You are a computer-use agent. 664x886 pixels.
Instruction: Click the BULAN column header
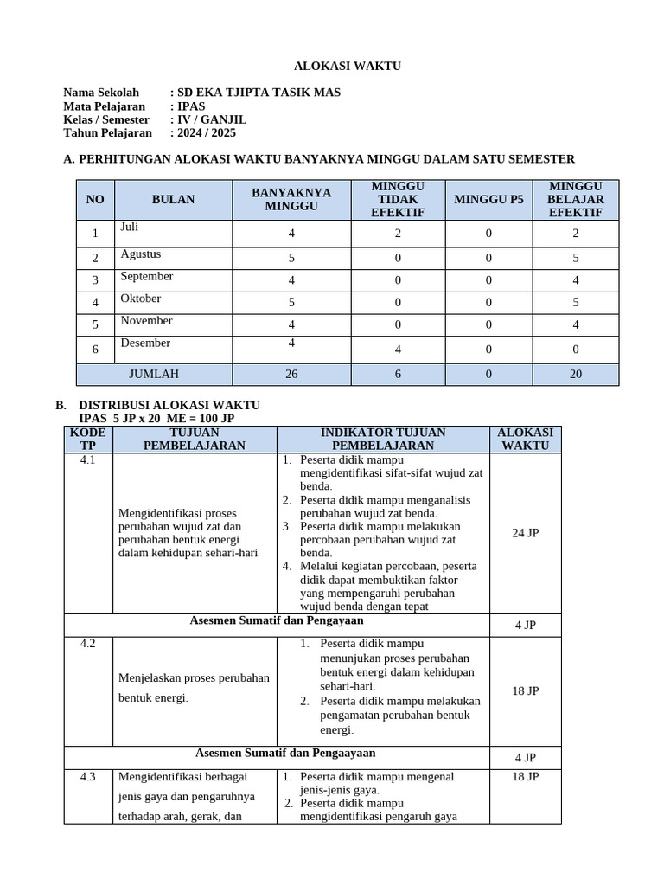[173, 200]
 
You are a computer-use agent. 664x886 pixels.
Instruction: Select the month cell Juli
[130, 228]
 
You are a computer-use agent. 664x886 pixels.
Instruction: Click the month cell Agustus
[141, 254]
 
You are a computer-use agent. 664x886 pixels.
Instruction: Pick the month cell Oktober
[141, 299]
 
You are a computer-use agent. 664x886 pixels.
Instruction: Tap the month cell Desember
[145, 343]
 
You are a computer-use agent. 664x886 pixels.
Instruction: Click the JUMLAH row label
[154, 375]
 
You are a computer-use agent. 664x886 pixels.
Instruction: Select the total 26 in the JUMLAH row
[291, 375]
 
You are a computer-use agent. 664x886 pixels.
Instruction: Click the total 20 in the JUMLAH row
[575, 375]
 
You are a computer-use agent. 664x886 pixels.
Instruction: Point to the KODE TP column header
[87, 439]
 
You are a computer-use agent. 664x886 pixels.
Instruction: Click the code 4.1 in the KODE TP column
[87, 460]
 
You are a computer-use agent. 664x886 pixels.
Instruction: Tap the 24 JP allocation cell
[525, 533]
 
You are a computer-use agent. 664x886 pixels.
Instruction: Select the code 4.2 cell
[87, 645]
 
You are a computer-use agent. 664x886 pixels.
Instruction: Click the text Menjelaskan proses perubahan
[194, 677]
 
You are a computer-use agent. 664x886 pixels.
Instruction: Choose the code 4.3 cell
[87, 777]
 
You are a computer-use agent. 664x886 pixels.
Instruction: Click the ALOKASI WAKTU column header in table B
[525, 439]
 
